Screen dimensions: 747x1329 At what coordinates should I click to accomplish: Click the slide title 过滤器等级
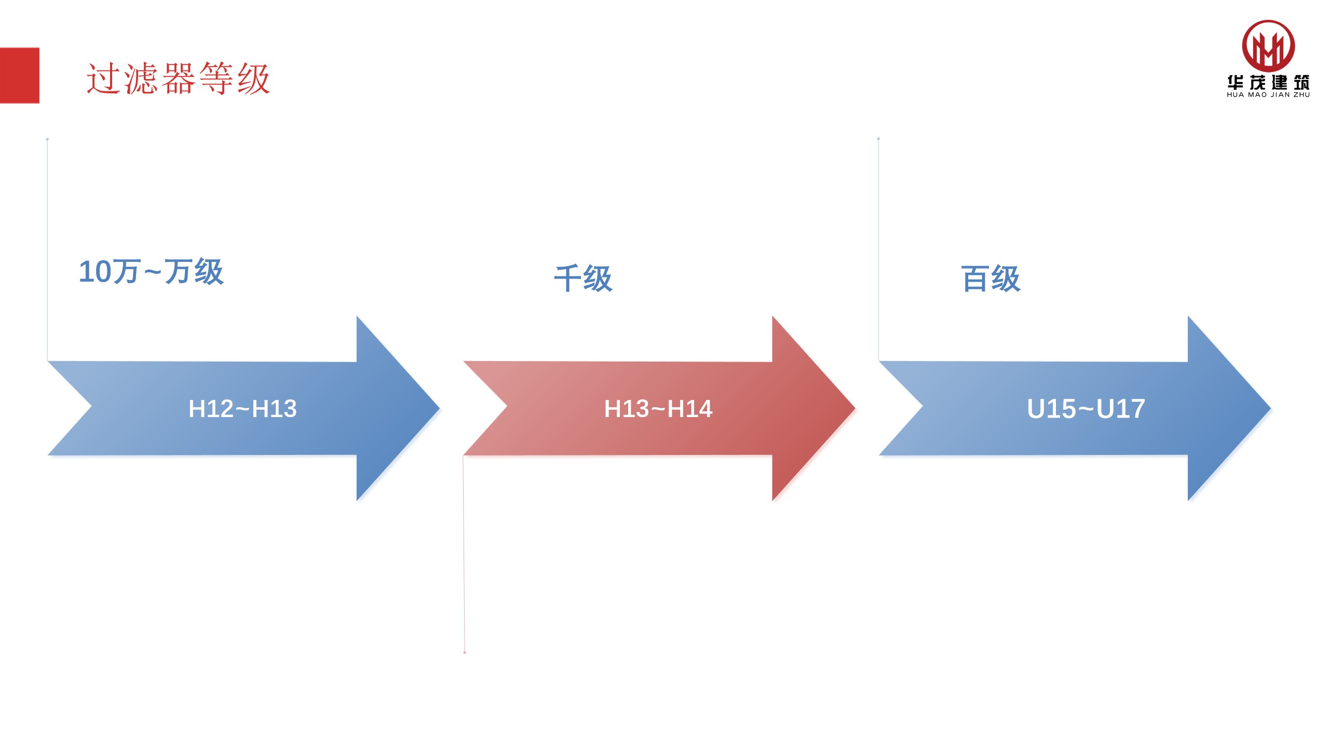[178, 78]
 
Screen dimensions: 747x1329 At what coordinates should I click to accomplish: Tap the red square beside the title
[19, 75]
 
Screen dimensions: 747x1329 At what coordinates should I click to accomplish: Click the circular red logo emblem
[1268, 46]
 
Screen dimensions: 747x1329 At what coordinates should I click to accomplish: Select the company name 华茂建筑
[1268, 82]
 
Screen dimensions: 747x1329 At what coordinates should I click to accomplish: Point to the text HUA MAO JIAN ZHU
[1268, 95]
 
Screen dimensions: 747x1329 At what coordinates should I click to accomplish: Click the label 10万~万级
[151, 271]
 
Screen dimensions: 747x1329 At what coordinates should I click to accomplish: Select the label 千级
[583, 279]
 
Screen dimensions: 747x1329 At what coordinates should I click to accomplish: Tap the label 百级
[991, 279]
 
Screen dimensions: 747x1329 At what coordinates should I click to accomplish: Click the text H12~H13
[242, 409]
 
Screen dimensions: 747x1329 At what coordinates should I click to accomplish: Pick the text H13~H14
[658, 409]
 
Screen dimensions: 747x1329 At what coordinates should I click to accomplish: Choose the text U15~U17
[1086, 409]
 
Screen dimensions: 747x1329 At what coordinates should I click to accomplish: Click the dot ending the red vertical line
[465, 652]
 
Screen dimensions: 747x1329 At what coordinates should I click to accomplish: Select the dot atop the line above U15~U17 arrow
[878, 139]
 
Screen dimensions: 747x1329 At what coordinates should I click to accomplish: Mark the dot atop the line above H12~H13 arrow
[47, 139]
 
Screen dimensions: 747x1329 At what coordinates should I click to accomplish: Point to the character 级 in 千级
[598, 279]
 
